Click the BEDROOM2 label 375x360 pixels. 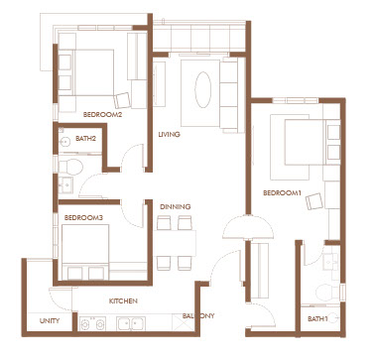point(102,115)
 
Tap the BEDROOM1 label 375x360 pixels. point(282,192)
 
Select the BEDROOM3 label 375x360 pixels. point(83,218)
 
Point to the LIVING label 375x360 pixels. point(169,135)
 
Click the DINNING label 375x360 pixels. point(176,207)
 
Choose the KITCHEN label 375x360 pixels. point(123,301)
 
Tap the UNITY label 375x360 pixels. point(50,321)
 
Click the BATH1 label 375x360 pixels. point(317,319)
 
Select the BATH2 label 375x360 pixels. point(85,139)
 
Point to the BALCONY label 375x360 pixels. point(198,315)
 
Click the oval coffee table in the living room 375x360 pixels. point(203,89)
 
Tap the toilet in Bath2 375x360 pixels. point(70,167)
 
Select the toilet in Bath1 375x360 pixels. point(327,293)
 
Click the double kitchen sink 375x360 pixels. point(131,323)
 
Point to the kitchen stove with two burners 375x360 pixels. point(92,323)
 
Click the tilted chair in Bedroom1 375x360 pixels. point(314,201)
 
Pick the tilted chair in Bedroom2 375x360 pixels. point(122,100)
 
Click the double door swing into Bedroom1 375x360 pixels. point(248,227)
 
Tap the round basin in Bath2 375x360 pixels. point(64,143)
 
